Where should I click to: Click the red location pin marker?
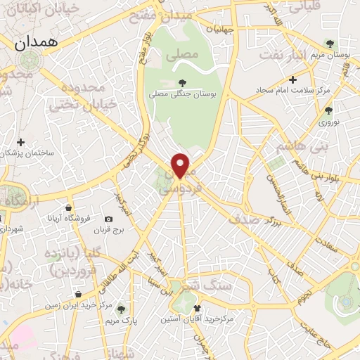click(x=181, y=165)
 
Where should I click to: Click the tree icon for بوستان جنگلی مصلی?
click(x=183, y=83)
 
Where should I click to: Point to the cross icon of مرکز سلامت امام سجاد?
click(x=293, y=79)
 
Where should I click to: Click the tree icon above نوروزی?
click(x=328, y=110)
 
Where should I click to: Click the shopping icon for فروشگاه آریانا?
click(x=68, y=207)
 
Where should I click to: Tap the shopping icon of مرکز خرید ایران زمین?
click(x=77, y=295)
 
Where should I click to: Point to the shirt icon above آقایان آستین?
click(x=197, y=307)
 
